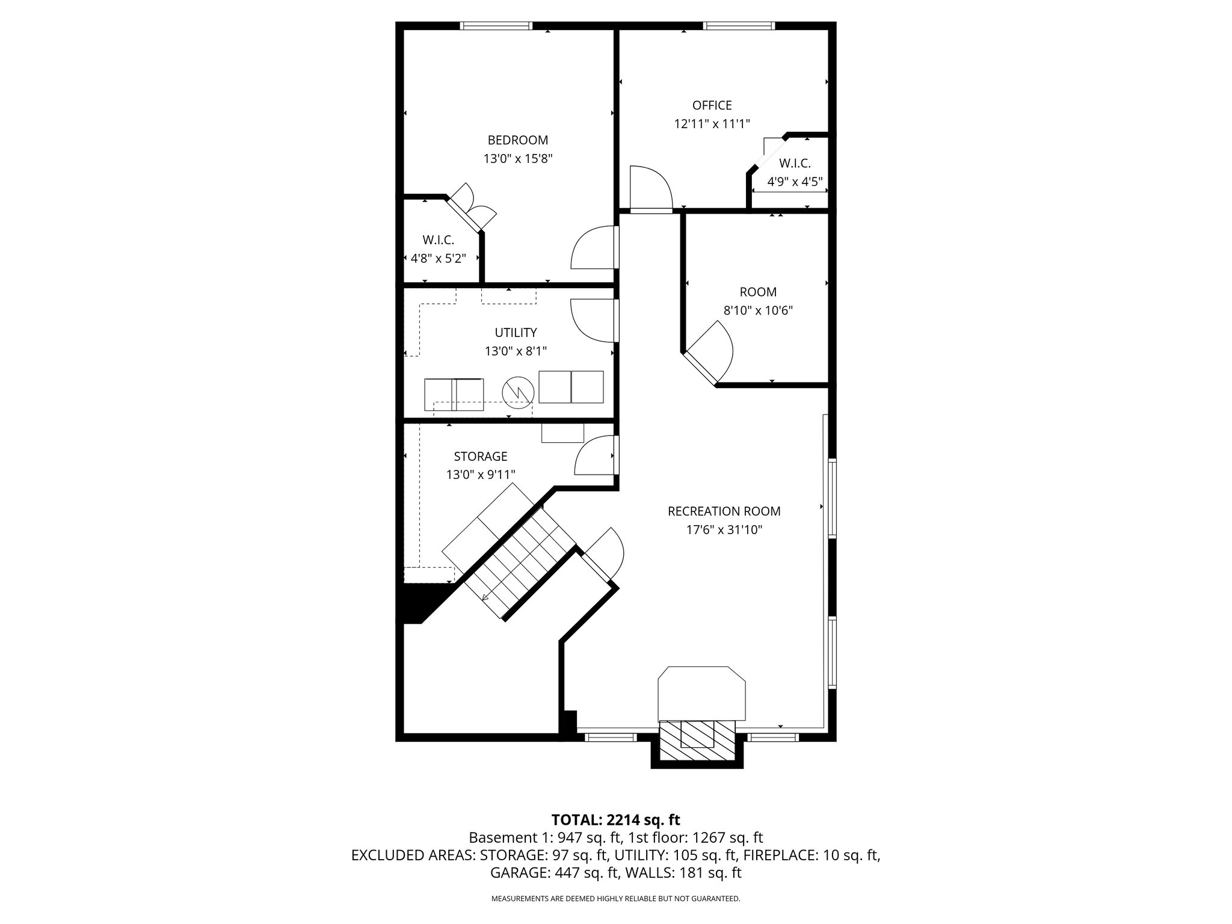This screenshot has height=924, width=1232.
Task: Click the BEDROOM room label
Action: [x=517, y=140]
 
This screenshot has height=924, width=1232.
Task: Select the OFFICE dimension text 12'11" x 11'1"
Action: [x=712, y=124]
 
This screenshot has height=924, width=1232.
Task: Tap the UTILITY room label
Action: [x=516, y=333]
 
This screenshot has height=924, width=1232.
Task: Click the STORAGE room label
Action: [x=480, y=457]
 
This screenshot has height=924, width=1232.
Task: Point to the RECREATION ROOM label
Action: [x=724, y=511]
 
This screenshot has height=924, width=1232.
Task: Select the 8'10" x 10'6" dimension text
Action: [x=757, y=311]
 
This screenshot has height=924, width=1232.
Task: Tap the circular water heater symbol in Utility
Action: [x=519, y=390]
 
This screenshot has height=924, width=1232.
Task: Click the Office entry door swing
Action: [x=650, y=189]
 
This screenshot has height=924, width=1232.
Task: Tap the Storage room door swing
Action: [x=596, y=456]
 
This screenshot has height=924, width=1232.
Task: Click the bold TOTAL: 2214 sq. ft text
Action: [x=615, y=819]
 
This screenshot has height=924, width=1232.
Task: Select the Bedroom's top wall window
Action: [x=496, y=26]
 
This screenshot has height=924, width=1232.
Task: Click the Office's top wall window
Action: [x=739, y=26]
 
